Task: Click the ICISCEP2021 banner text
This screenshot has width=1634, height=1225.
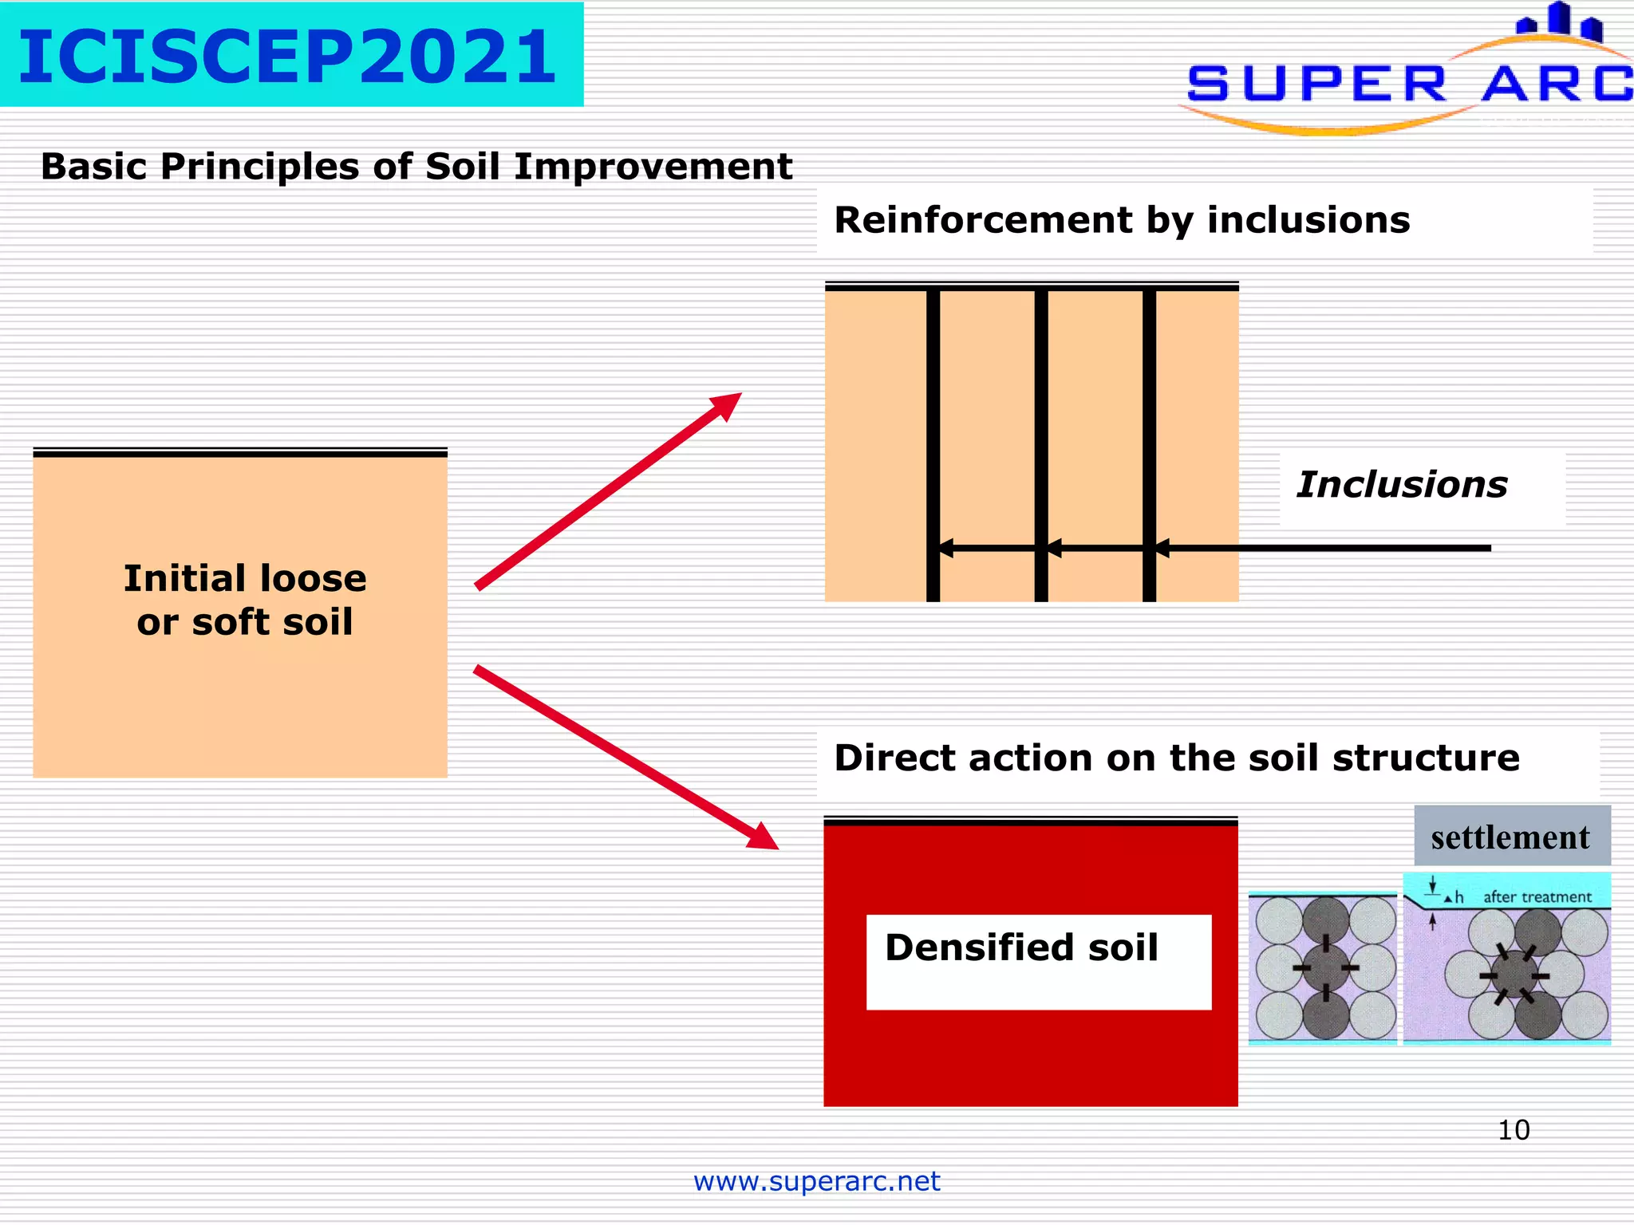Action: point(287,56)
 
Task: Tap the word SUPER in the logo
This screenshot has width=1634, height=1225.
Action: point(1316,84)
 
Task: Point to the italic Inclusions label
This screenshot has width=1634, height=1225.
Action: point(1402,485)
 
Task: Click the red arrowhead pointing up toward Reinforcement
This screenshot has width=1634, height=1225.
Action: point(728,404)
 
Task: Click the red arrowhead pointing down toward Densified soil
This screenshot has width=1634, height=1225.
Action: point(764,837)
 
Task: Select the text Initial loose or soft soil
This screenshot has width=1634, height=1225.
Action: point(244,600)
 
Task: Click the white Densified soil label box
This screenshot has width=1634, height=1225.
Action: point(1038,962)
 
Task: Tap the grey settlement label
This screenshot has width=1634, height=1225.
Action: point(1510,837)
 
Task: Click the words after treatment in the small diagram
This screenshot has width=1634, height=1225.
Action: point(1537,896)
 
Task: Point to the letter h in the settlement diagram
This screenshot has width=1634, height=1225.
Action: point(1459,897)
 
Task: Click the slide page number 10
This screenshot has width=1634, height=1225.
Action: point(1514,1130)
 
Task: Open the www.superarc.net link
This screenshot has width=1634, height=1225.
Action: point(816,1180)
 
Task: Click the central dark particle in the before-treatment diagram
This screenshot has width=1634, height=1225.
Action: point(1325,967)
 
